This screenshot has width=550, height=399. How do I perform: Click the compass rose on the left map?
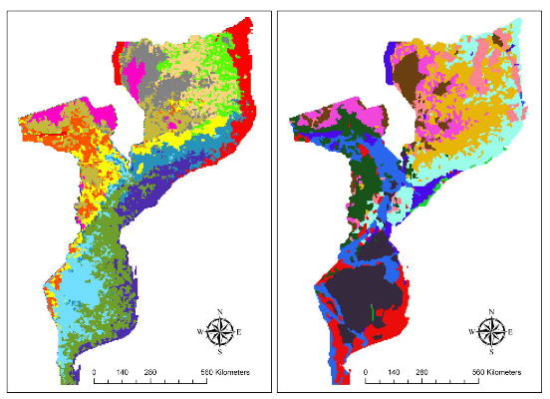(225, 331)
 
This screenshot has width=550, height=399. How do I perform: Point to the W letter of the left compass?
(204, 331)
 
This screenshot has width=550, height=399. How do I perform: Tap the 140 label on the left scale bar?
(124, 372)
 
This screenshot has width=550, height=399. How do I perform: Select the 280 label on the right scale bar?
(421, 372)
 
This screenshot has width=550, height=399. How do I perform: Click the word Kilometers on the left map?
(228, 372)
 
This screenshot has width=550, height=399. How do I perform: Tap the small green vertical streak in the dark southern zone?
(372, 315)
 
